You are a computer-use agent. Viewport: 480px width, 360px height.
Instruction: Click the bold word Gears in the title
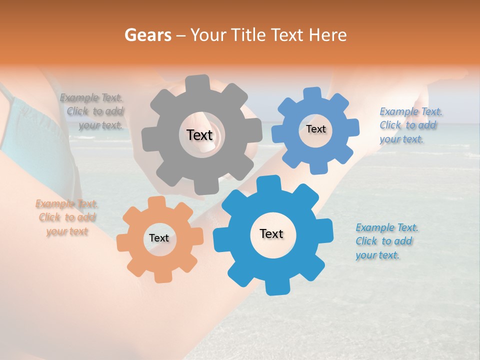pos(147,35)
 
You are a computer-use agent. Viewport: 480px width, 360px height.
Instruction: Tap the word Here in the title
pos(328,35)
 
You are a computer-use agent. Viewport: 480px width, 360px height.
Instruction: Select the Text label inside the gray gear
pos(199,135)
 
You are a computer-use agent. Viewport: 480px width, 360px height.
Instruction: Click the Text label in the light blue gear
pos(315,129)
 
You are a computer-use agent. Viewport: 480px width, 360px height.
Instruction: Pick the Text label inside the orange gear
pos(159,238)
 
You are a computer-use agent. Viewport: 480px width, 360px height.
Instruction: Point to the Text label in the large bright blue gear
pos(271,234)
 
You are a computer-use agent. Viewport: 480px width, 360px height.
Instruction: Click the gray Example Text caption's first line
pos(91,98)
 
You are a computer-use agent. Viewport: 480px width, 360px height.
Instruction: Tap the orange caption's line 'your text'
pos(67,231)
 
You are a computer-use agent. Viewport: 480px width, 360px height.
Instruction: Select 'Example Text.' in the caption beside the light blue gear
pos(411,111)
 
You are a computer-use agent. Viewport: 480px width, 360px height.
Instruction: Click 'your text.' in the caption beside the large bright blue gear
pos(377,255)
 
